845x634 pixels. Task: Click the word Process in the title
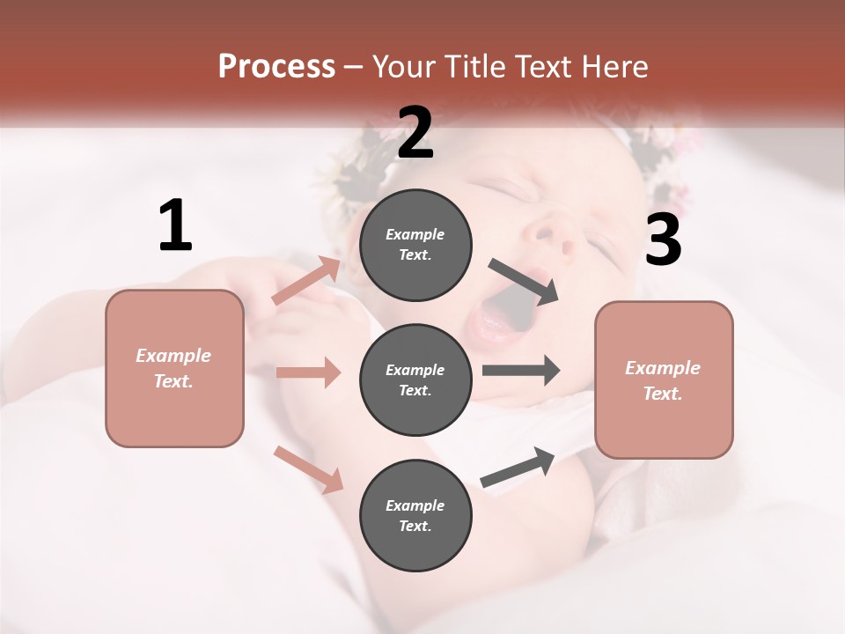[x=276, y=66]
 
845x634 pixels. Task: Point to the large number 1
[x=175, y=226]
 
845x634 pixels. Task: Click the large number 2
[x=415, y=133]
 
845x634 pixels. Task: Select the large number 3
[x=663, y=240]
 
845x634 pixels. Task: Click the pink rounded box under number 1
[x=174, y=368]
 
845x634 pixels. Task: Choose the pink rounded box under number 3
[x=664, y=380]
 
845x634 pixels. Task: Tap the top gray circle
[x=415, y=244]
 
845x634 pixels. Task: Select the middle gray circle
[x=415, y=380]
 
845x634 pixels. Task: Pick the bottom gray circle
[x=415, y=515]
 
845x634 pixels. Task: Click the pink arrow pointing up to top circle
[x=307, y=281]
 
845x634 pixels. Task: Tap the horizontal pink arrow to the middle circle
[x=308, y=372]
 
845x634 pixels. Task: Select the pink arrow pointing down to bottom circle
[x=308, y=468]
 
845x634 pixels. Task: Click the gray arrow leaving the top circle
[x=524, y=281]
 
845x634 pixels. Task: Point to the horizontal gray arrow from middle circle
[x=521, y=371]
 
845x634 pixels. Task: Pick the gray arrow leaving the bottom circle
[x=518, y=467]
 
